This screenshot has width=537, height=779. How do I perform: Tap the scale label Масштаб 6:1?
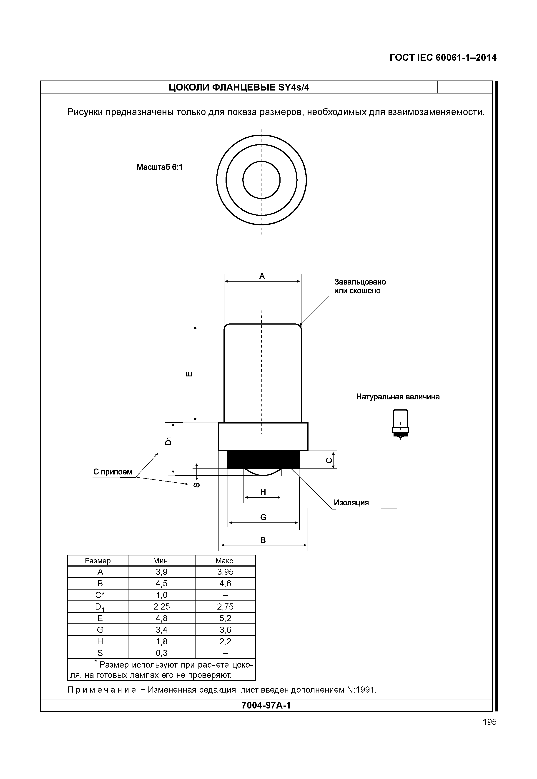pyautogui.click(x=159, y=167)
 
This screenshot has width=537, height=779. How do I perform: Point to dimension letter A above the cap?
pyautogui.click(x=262, y=276)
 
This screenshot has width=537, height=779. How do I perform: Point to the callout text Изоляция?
pyautogui.click(x=351, y=503)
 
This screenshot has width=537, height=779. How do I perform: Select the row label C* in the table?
pyautogui.click(x=100, y=595)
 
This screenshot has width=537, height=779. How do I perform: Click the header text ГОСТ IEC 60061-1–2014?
pyautogui.click(x=443, y=58)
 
